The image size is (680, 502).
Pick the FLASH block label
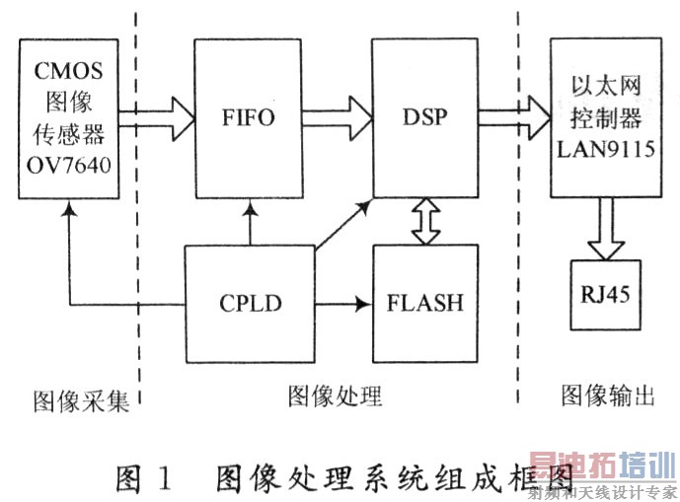coord(425,303)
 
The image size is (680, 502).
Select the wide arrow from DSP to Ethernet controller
coord(513,117)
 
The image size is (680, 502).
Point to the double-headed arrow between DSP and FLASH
coord(425,219)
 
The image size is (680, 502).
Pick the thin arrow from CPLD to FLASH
coord(340,303)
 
